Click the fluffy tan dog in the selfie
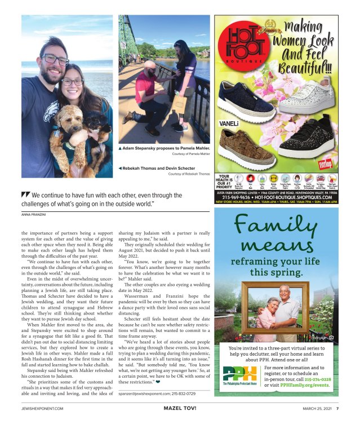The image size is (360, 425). tap(66, 141)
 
